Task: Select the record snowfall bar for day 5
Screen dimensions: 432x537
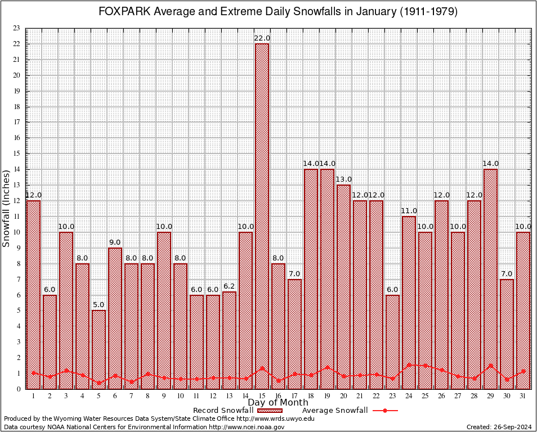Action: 99,349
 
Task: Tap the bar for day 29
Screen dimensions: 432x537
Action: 490,276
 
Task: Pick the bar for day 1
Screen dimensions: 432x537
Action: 34,292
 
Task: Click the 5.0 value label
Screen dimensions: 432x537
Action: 99,305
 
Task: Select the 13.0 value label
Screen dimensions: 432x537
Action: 343,179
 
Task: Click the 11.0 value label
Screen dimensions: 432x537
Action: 409,211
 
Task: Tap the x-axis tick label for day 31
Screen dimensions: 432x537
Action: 523,396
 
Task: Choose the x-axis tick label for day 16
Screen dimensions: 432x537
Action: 279,396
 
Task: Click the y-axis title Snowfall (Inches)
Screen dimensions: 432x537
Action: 7,208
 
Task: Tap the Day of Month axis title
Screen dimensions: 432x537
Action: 278,403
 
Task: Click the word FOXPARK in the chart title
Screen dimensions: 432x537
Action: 120,12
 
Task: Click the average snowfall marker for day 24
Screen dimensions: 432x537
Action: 409,365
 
